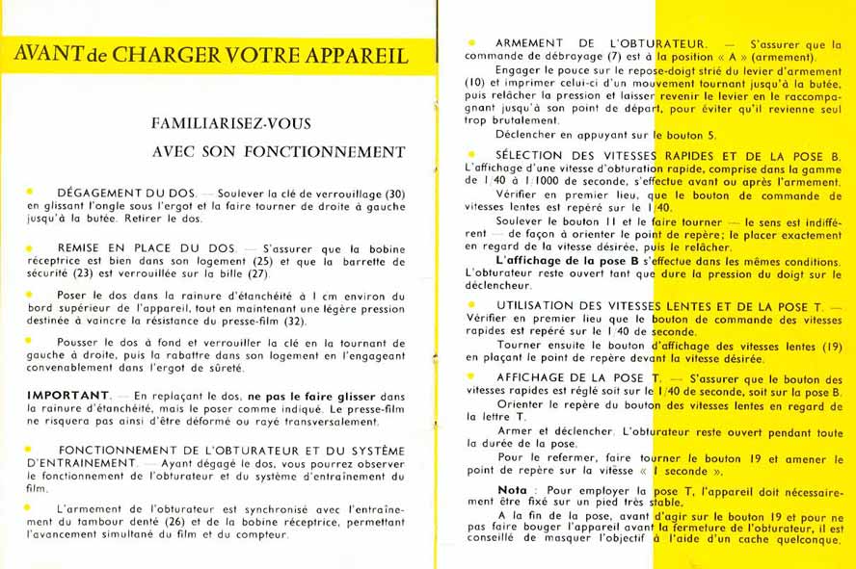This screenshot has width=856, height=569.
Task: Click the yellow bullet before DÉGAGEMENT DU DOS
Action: coord(31,192)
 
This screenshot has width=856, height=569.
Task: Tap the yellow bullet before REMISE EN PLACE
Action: coord(31,246)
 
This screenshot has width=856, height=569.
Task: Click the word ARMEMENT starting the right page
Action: coord(529,44)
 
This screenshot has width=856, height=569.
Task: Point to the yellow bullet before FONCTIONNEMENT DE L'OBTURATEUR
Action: coord(31,449)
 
